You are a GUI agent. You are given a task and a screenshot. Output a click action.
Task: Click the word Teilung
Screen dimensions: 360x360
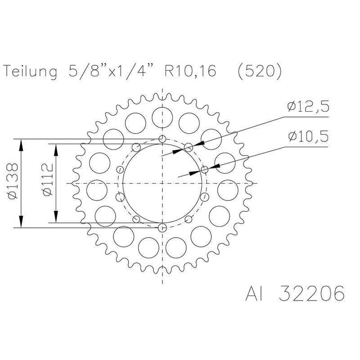pyautogui.click(x=30, y=72)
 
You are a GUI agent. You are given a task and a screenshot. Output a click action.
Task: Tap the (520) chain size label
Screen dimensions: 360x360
pyautogui.click(x=260, y=72)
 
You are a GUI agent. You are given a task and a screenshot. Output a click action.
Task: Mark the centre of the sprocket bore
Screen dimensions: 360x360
pyautogui.click(x=162, y=183)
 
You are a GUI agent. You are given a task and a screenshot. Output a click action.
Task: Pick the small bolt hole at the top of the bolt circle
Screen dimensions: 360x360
pyautogui.click(x=162, y=139)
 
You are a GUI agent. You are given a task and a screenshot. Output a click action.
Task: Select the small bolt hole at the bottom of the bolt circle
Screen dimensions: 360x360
pyautogui.click(x=162, y=228)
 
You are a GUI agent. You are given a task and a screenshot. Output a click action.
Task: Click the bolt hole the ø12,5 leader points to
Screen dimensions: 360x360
pyautogui.click(x=189, y=147)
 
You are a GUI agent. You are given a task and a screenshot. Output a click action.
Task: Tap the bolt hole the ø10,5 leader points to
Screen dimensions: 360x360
pyautogui.click(x=205, y=170)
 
